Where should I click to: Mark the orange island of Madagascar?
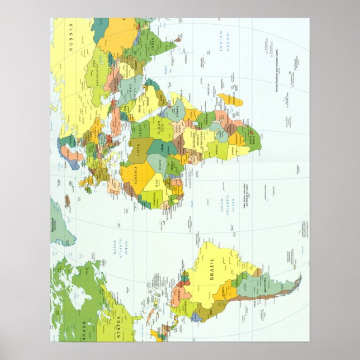pyautogui.click(x=229, y=100)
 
